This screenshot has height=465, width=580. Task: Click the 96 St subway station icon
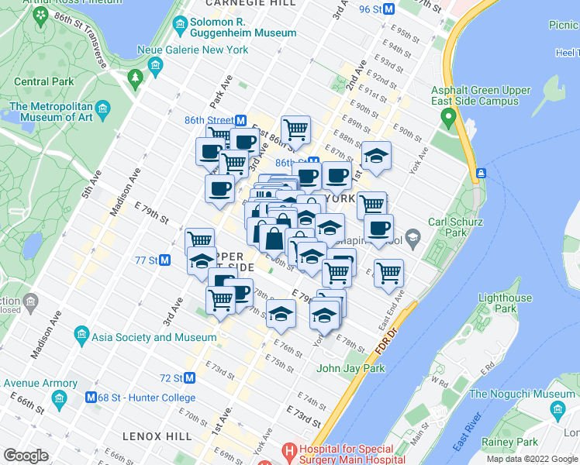coord(390,9)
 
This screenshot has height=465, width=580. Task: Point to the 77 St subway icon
coord(164,260)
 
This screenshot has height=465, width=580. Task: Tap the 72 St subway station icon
coord(189,378)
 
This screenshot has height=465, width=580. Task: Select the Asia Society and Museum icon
coord(81,337)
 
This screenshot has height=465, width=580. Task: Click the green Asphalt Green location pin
coord(447,118)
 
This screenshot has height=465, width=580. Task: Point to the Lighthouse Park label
coord(505,303)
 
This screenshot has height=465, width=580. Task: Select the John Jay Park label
coord(350,368)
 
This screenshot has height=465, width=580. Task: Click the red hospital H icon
coord(289,449)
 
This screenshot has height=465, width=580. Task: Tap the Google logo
coord(26,456)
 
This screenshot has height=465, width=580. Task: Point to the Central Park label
coord(43,81)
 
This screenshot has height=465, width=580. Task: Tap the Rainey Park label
coord(509,442)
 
